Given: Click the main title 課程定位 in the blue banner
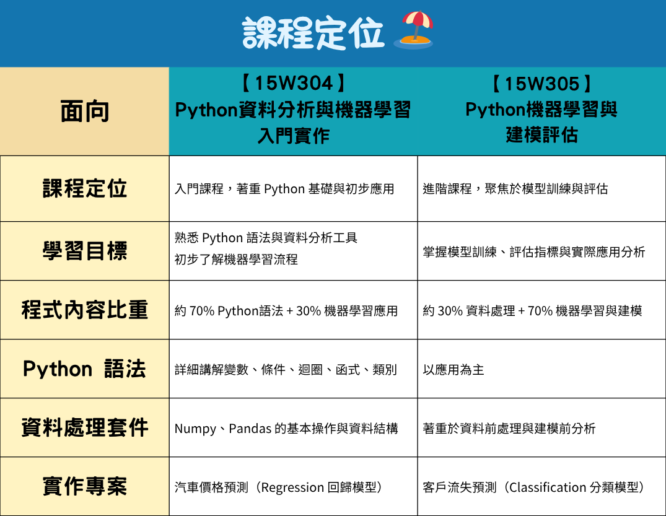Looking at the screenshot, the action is (x=313, y=33).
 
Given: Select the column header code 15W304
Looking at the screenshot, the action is (x=294, y=83).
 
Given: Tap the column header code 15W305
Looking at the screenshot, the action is (x=541, y=84).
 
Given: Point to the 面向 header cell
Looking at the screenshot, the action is (x=84, y=112).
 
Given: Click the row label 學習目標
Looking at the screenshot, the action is (x=84, y=251).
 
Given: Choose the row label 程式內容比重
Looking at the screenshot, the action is (x=84, y=310).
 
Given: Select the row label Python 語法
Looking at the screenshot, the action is (x=84, y=369).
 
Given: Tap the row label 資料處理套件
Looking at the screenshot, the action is (x=84, y=427).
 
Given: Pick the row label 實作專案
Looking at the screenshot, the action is (x=84, y=486).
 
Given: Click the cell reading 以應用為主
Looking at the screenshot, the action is (x=453, y=370).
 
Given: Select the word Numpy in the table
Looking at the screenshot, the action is (x=195, y=429).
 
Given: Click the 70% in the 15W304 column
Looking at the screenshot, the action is (x=202, y=312).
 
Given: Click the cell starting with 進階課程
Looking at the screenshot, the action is (x=515, y=189).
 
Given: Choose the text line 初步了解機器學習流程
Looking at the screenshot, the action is (x=236, y=260).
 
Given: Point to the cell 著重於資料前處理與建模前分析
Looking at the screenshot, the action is (x=509, y=429).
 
